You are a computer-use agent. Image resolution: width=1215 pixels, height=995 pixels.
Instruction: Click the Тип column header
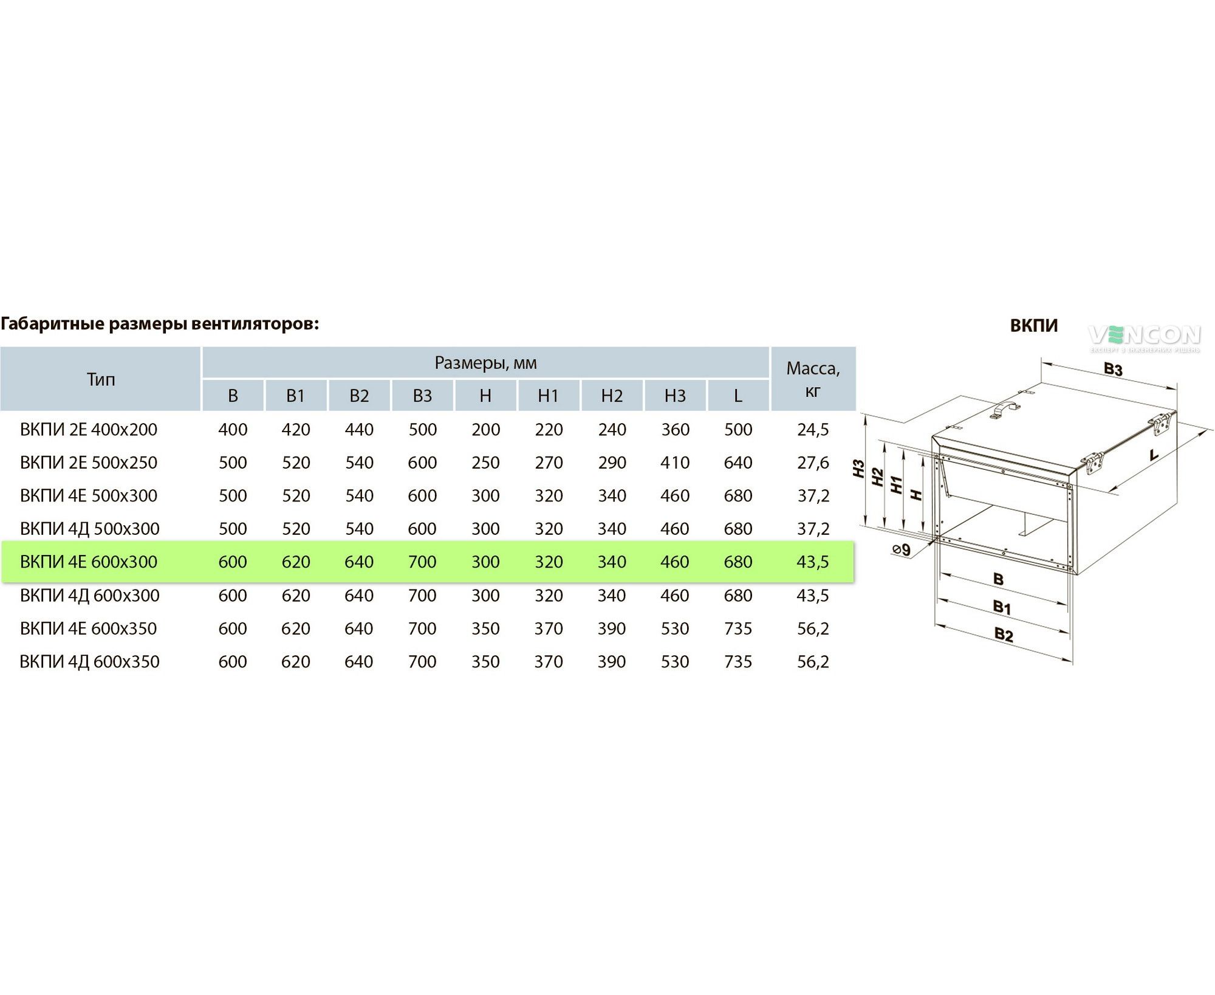point(101,379)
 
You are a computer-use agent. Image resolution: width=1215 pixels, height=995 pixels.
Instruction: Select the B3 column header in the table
point(422,396)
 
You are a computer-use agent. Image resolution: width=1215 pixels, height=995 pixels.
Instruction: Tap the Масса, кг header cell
point(813,379)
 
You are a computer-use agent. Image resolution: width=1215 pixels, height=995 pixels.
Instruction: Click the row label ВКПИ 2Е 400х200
point(89,429)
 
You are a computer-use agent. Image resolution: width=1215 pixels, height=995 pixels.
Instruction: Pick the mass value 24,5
point(813,429)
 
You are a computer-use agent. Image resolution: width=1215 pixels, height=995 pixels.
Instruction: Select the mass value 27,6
point(813,463)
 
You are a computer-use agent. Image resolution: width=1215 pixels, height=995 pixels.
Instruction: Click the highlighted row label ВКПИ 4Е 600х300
point(89,562)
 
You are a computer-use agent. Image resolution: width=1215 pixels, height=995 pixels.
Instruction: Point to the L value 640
point(738,463)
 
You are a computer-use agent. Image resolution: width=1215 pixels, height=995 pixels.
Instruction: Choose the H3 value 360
point(675,429)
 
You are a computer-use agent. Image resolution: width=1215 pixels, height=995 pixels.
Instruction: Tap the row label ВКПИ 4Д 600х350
point(89,661)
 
